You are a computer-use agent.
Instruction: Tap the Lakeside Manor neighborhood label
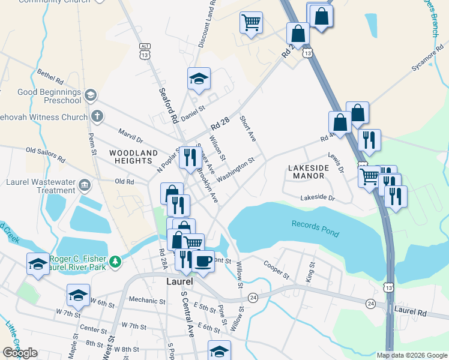[x=306, y=172]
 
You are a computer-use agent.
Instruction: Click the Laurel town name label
[x=179, y=281]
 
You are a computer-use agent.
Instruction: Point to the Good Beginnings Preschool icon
[x=90, y=94]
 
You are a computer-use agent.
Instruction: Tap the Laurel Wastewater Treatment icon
[x=85, y=184]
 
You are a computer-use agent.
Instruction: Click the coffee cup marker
[x=203, y=262]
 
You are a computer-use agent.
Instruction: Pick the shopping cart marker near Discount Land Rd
[x=251, y=23]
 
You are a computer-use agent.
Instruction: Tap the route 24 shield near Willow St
[x=253, y=298]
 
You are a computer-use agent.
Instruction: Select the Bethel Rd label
[x=50, y=78]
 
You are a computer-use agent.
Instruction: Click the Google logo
[x=20, y=353]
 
